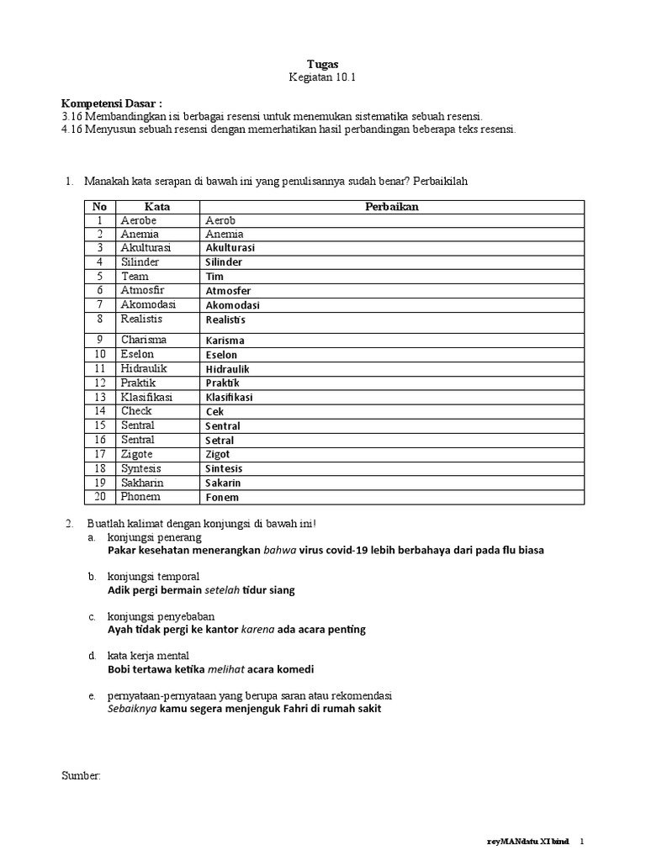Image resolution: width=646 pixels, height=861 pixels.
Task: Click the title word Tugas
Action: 324,63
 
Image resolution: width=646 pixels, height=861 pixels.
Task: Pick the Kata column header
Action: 157,206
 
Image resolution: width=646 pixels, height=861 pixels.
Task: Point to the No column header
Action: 100,206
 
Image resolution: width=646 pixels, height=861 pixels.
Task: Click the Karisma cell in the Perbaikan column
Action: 225,341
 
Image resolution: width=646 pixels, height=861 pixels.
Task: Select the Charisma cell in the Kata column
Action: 144,340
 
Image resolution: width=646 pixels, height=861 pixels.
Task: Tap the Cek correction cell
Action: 214,412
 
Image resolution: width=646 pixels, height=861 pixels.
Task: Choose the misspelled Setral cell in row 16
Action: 220,441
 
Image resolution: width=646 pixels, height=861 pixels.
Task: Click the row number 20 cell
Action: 100,497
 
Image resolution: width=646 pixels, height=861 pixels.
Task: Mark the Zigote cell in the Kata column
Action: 137,454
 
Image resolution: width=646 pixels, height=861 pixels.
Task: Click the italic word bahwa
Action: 280,551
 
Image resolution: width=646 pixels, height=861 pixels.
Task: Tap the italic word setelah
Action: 222,590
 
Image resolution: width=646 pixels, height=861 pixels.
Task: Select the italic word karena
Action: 257,629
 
